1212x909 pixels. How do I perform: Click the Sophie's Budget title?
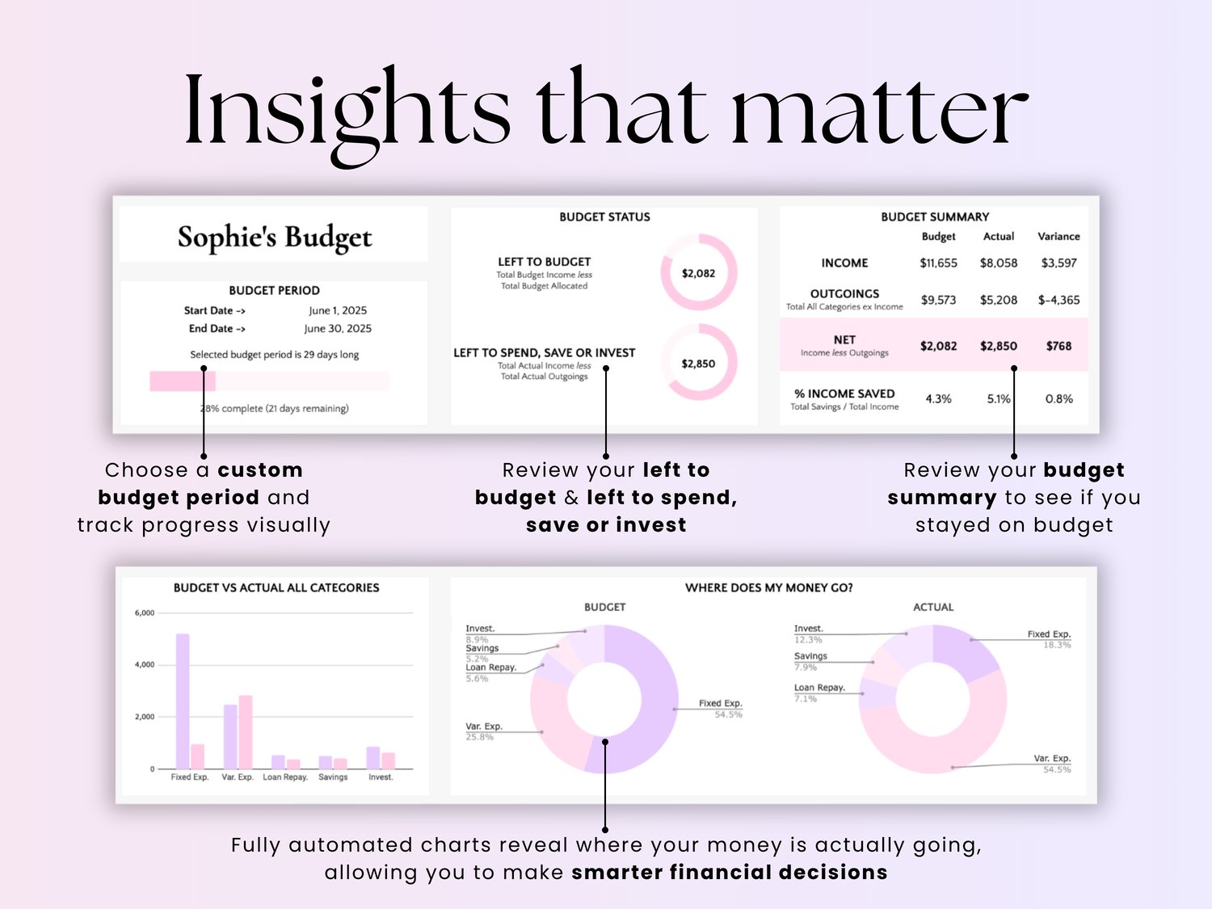275,237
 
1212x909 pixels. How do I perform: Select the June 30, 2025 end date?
338,329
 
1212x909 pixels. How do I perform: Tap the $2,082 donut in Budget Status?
698,273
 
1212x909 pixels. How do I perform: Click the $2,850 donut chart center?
698,364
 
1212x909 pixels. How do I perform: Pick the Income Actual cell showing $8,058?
999,263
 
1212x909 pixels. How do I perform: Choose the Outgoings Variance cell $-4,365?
1058,300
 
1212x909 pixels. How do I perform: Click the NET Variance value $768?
1058,346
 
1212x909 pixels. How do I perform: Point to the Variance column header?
1058,237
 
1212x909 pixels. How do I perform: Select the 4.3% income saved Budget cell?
938,399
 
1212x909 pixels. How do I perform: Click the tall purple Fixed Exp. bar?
183,701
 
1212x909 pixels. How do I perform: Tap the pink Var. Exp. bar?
246,731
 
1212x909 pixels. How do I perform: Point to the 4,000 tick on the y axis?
145,665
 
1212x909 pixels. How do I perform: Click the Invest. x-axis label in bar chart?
381,777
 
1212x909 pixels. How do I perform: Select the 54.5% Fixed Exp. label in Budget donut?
727,715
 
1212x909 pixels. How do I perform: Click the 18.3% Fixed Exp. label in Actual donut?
1056,645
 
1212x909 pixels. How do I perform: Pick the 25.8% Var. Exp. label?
480,737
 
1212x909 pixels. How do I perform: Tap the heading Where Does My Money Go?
768,588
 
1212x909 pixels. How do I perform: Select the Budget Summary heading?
935,217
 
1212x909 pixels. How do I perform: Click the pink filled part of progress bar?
182,381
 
